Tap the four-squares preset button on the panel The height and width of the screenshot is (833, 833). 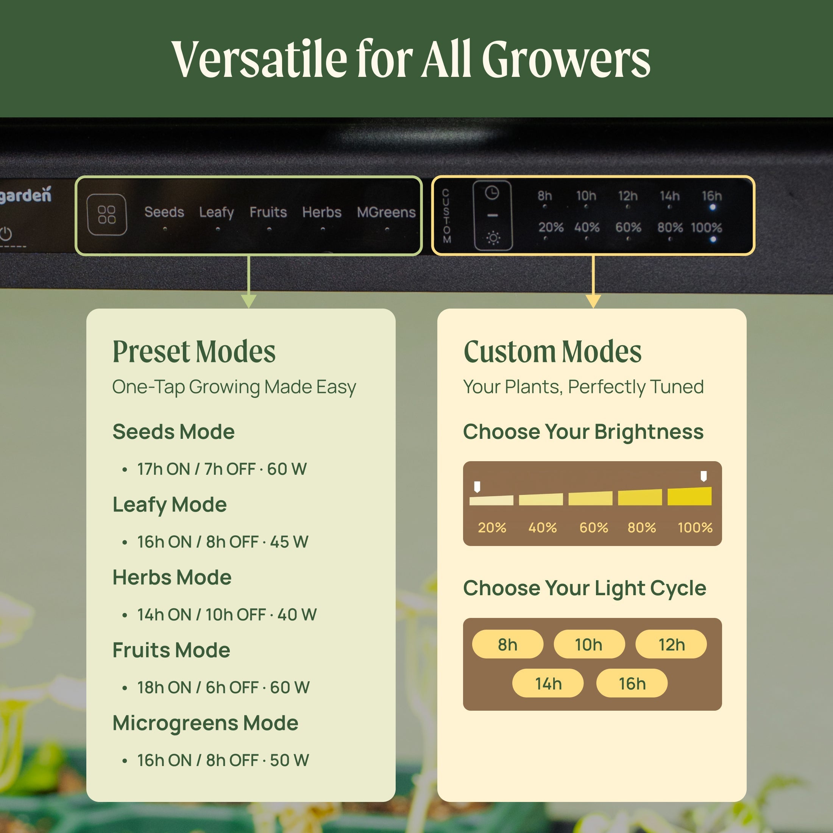107,215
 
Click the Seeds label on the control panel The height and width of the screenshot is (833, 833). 164,212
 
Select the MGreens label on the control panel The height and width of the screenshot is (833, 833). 386,212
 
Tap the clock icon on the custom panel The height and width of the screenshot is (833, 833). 492,193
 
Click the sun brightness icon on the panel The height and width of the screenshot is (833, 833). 493,237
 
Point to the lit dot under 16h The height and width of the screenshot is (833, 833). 712,207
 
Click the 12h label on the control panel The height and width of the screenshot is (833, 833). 628,196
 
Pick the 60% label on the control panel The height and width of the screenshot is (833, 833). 628,227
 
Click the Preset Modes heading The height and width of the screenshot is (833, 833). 194,351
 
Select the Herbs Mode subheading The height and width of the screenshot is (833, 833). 172,577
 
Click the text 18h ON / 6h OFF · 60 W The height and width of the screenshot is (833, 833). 223,687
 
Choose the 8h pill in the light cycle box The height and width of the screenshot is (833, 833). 507,644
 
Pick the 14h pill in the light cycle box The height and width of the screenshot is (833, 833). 548,683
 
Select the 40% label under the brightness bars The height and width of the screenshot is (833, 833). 543,527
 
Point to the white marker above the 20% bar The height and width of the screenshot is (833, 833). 477,487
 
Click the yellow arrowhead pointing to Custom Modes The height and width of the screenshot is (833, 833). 593,301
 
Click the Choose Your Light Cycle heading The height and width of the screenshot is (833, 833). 585,588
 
